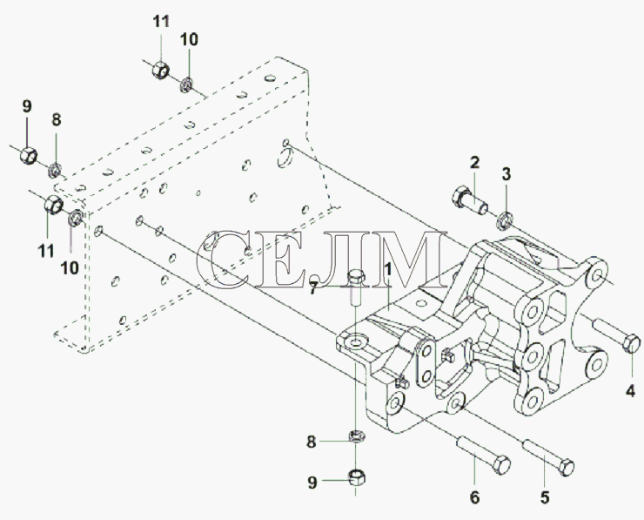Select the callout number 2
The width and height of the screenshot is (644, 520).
[x=475, y=161]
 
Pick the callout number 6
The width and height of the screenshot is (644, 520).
[x=475, y=498]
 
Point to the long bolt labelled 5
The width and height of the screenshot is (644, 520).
[x=547, y=458]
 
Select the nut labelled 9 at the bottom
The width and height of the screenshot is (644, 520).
[x=357, y=476]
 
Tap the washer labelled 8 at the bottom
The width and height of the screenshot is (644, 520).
[x=355, y=436]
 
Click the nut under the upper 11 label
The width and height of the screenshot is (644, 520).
[x=158, y=68]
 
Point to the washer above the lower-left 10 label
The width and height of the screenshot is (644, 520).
[x=76, y=216]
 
